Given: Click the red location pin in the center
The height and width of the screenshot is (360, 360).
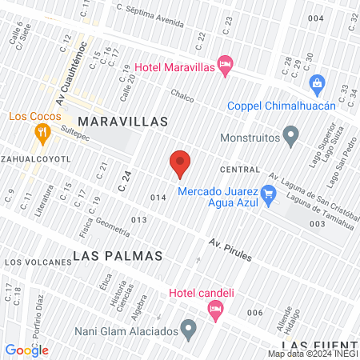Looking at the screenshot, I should pyautogui.click(x=180, y=162).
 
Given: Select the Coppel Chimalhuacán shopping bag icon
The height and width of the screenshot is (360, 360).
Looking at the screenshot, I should pyautogui.click(x=318, y=83).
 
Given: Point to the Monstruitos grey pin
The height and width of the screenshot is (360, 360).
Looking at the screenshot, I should pyautogui.click(x=291, y=134).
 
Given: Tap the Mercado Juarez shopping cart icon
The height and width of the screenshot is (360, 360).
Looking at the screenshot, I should pyautogui.click(x=269, y=193).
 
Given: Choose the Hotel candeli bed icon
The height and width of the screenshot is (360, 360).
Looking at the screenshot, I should pyautogui.click(x=214, y=308).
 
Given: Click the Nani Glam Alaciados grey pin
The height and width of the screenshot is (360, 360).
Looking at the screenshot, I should pyautogui.click(x=188, y=328).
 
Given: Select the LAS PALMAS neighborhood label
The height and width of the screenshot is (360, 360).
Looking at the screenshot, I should pyautogui.click(x=118, y=256).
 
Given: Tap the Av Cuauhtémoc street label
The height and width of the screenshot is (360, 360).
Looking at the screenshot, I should pyautogui.click(x=68, y=80).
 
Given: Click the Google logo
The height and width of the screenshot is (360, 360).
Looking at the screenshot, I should pyautogui.click(x=27, y=350).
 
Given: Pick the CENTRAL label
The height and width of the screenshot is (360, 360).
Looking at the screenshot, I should pyautogui.click(x=240, y=170).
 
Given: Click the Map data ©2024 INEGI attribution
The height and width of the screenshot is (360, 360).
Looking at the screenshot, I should pyautogui.click(x=313, y=354).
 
